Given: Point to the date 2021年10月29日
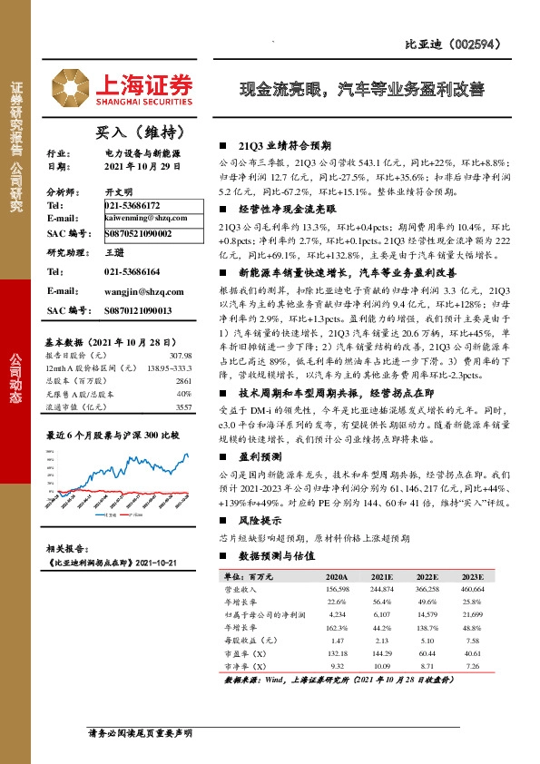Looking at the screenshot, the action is (142, 167).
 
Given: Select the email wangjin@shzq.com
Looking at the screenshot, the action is (144, 291).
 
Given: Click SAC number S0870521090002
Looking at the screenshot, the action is (145, 233).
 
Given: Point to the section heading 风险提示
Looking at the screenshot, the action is (259, 522).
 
